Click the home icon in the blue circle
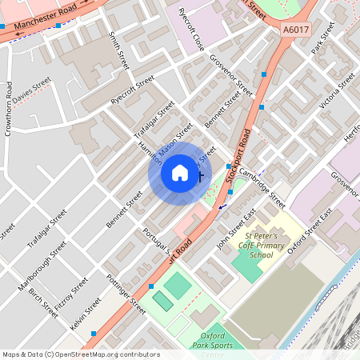pos(180,173)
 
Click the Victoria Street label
pos(336,90)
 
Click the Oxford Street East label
pos(309,233)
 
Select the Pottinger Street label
pos(126,294)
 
